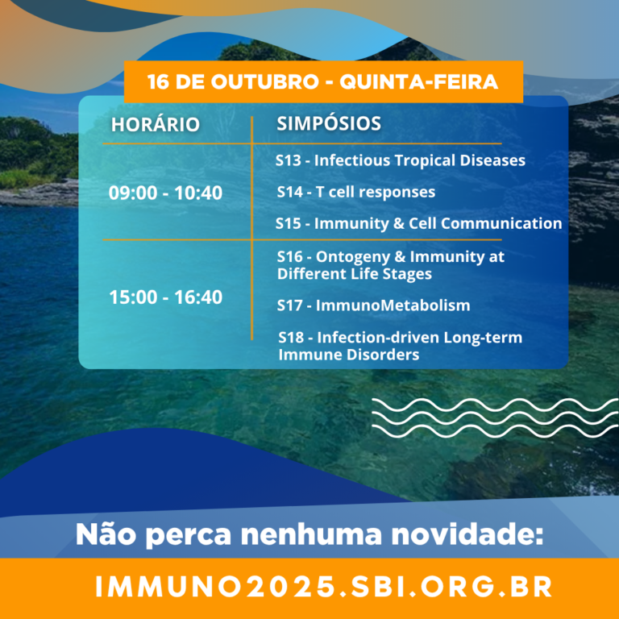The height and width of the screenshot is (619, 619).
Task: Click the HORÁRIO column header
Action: point(155,124)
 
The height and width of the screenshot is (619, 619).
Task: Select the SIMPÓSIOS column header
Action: point(329,123)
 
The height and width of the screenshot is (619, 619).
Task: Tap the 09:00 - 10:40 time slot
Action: point(165,193)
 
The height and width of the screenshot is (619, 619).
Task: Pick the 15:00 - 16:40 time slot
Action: point(165,297)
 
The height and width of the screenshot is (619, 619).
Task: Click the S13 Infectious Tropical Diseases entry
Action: point(401,160)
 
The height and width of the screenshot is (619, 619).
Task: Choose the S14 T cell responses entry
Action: point(355,192)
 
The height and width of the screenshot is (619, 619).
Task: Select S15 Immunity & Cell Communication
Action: point(418,223)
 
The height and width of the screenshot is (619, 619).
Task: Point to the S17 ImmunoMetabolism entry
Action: point(373,305)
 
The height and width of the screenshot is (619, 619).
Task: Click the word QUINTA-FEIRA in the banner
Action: point(418,81)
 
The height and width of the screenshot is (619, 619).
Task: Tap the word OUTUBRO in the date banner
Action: point(264,81)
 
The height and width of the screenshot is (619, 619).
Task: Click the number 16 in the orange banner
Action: point(156,81)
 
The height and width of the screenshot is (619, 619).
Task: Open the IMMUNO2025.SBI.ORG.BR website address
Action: point(324,587)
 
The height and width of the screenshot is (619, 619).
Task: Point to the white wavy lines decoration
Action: point(495,418)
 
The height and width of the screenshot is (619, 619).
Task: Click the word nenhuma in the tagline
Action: point(311,534)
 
